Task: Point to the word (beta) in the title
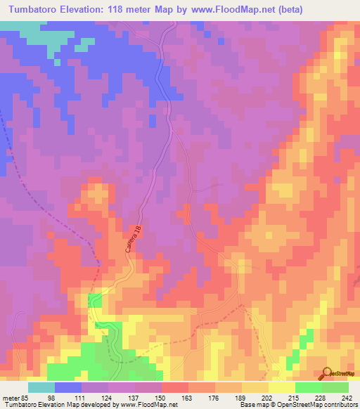335,10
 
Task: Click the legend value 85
22,396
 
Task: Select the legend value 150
162,396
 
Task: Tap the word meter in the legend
8,396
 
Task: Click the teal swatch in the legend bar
41,387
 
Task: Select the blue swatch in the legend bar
68,387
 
